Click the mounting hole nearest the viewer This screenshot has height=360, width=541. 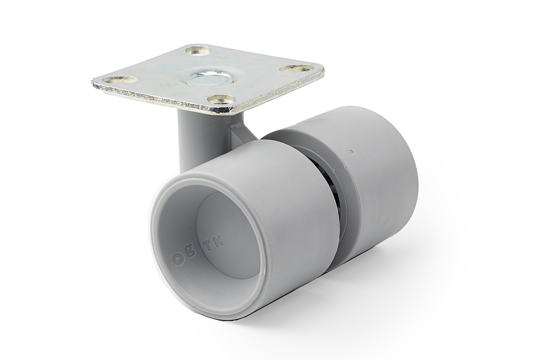(221, 99)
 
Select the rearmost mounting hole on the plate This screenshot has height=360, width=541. (198, 51)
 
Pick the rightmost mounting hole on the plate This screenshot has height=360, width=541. (297, 68)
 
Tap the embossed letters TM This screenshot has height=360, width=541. (214, 242)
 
